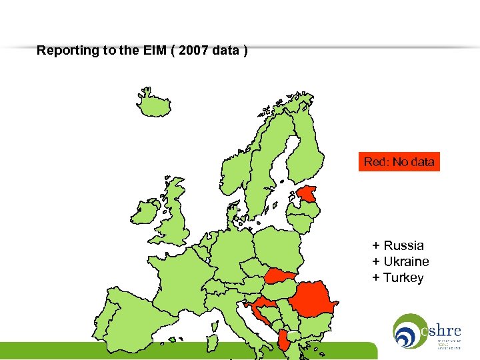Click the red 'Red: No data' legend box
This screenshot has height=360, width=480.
[399, 161]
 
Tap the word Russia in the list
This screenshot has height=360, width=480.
[403, 245]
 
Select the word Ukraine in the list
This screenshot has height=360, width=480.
[406, 261]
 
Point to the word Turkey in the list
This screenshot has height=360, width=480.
[403, 277]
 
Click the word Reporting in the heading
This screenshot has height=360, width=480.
[65, 50]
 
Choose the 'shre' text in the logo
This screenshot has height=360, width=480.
[441, 329]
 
